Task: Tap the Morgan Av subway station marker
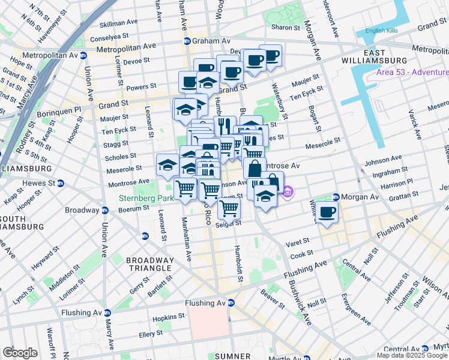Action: [x=336, y=197]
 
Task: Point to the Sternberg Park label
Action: [x=145, y=197]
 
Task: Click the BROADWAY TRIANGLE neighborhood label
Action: [x=149, y=265]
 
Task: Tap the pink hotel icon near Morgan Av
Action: [x=288, y=192]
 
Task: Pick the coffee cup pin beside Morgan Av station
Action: [x=327, y=213]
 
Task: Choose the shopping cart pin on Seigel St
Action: [x=229, y=209]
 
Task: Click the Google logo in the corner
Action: [x=20, y=353]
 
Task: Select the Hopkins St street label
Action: [x=169, y=316]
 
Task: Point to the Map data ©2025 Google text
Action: [x=412, y=355]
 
